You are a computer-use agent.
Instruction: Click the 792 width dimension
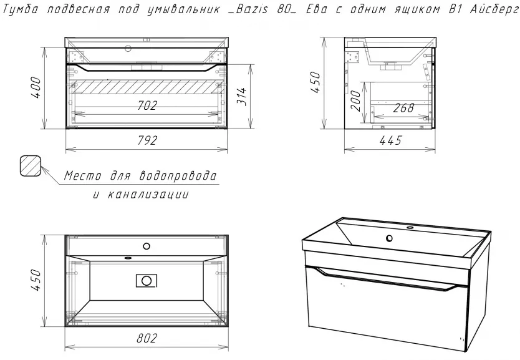[147, 140]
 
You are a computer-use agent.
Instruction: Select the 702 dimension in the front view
[147, 105]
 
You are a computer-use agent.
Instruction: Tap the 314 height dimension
[242, 97]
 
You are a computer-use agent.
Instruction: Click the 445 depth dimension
[391, 140]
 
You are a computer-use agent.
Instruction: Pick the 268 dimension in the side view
[403, 108]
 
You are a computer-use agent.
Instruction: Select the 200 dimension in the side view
[355, 100]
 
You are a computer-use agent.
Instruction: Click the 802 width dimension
[147, 338]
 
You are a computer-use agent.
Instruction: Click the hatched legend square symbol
[30, 165]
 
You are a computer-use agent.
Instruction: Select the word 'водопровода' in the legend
[178, 175]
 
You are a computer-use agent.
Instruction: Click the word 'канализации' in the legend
[148, 195]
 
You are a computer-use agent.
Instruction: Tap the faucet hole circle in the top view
[147, 246]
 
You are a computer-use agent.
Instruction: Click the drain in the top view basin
[147, 281]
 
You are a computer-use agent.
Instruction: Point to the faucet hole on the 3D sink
[389, 238]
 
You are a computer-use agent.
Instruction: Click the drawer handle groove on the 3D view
[385, 279]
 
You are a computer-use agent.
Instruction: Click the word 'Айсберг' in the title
[494, 10]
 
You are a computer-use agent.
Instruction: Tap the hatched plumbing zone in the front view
[147, 86]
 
